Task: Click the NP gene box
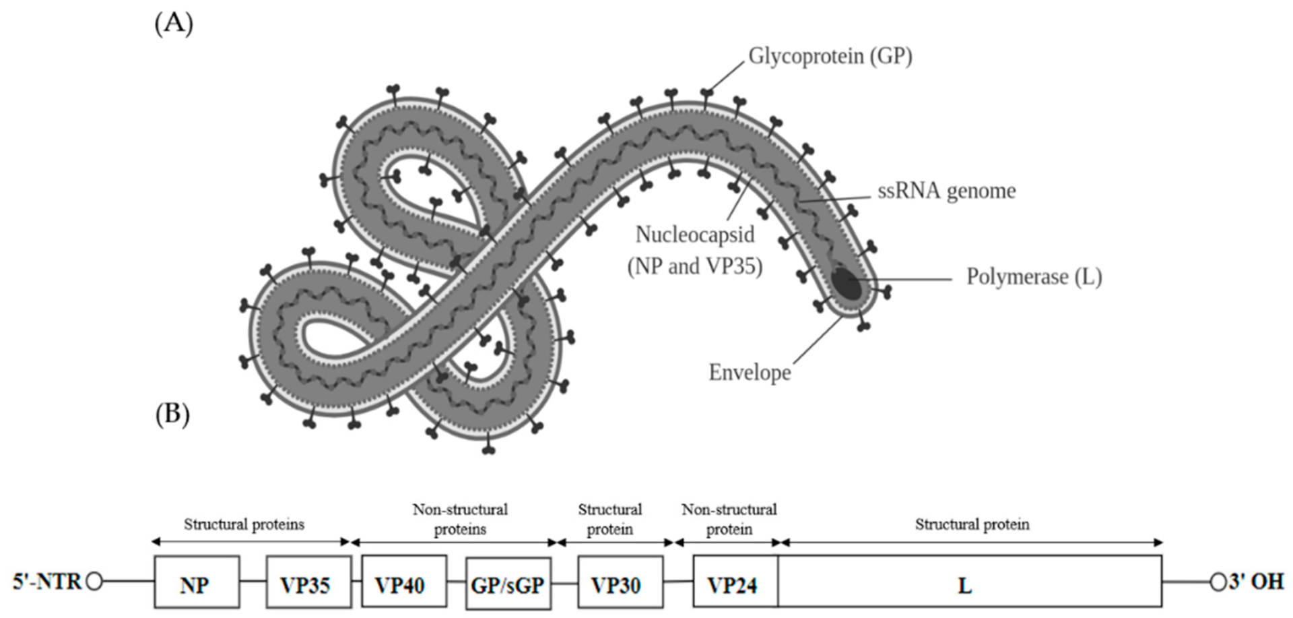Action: click(x=196, y=582)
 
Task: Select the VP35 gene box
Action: click(x=308, y=582)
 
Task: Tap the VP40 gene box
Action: click(x=403, y=582)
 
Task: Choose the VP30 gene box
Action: click(x=620, y=582)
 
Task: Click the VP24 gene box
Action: click(x=735, y=582)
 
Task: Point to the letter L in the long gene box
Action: click(x=964, y=585)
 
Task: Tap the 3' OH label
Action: click(x=1256, y=581)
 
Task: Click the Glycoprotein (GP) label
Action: click(x=830, y=57)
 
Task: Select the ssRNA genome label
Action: click(x=946, y=191)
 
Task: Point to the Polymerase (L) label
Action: click(x=1034, y=277)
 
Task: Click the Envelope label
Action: click(x=750, y=373)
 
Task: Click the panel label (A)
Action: click(x=174, y=24)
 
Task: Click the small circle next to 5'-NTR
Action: click(x=94, y=581)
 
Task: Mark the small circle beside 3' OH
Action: click(x=1218, y=582)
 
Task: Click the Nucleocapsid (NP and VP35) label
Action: click(x=695, y=251)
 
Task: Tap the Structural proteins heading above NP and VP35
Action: click(x=244, y=524)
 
